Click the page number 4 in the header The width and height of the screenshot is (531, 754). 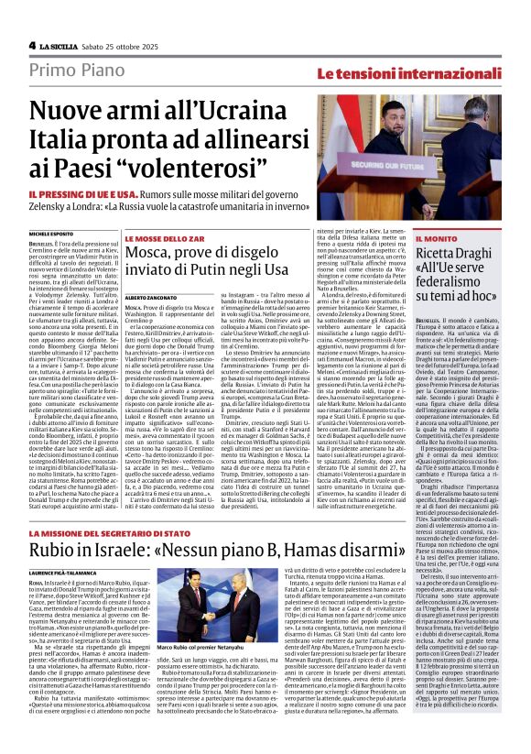[x=31, y=45]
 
